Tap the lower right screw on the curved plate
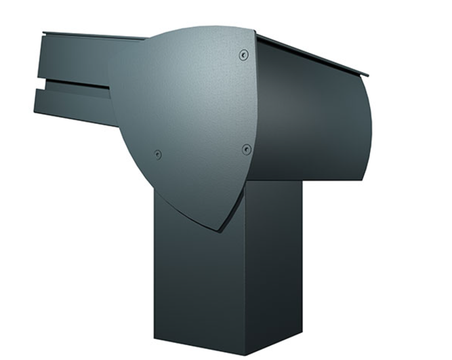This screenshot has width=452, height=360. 247,149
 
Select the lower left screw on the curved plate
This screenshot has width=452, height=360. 158,155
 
